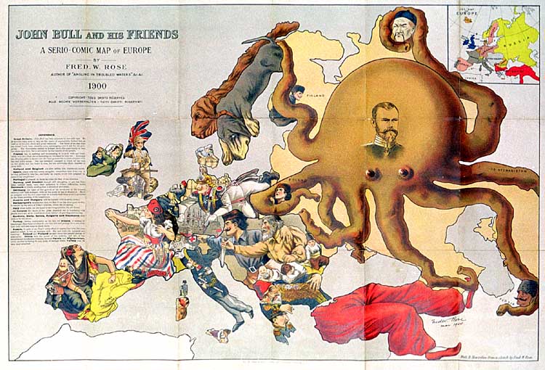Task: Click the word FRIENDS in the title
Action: pos(145,34)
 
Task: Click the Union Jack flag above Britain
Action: pos(139,132)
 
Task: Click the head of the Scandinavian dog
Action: pos(231,145)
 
